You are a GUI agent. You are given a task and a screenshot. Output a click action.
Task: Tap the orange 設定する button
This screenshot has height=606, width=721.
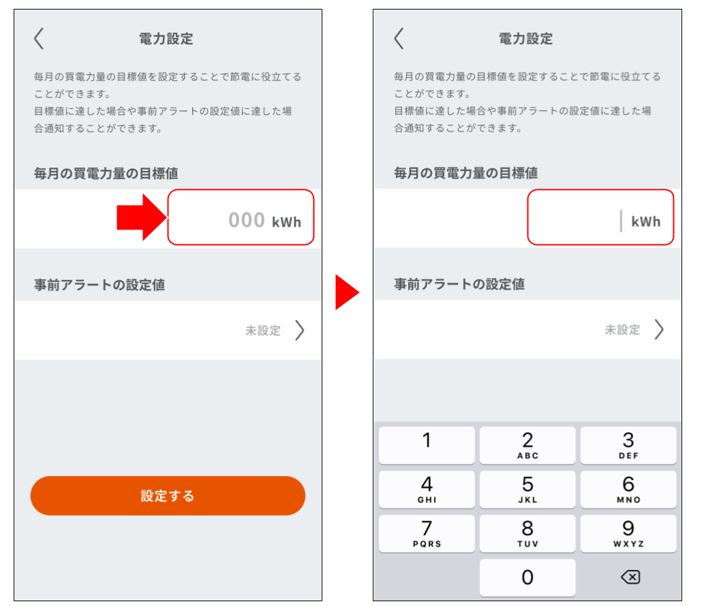click(x=168, y=495)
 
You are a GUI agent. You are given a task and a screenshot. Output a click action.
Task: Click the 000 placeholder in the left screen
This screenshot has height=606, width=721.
click(x=247, y=220)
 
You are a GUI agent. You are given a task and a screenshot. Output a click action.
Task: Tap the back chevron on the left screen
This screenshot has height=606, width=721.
click(x=39, y=38)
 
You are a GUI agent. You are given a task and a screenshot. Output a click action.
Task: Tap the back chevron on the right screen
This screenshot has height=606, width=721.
click(x=399, y=38)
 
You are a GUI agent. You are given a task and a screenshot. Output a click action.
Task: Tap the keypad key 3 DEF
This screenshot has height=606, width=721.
click(x=628, y=445)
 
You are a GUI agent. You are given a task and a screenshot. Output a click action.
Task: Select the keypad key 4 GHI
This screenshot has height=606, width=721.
click(x=427, y=489)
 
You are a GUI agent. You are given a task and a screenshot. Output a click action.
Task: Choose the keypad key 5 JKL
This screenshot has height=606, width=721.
click(x=527, y=489)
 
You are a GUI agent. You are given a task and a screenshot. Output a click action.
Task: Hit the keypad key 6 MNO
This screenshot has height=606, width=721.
click(x=628, y=489)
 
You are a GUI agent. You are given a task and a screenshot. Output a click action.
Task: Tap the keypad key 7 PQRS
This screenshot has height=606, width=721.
click(x=427, y=533)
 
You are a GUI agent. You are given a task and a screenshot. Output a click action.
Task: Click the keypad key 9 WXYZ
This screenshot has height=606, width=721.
click(x=628, y=533)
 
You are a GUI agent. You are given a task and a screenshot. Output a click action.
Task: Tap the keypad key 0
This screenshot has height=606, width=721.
click(x=527, y=577)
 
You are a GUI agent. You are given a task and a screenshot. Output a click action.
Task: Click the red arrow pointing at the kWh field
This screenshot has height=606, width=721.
click(x=142, y=217)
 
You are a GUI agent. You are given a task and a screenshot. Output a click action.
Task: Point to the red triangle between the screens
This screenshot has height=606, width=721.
click(x=347, y=292)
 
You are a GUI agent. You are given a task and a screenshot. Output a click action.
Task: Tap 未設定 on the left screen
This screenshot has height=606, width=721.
click(x=263, y=330)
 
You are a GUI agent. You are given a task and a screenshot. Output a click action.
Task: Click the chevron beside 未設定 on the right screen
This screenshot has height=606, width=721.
click(x=660, y=330)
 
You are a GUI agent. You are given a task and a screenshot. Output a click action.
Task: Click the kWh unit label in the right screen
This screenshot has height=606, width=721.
click(x=645, y=221)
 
